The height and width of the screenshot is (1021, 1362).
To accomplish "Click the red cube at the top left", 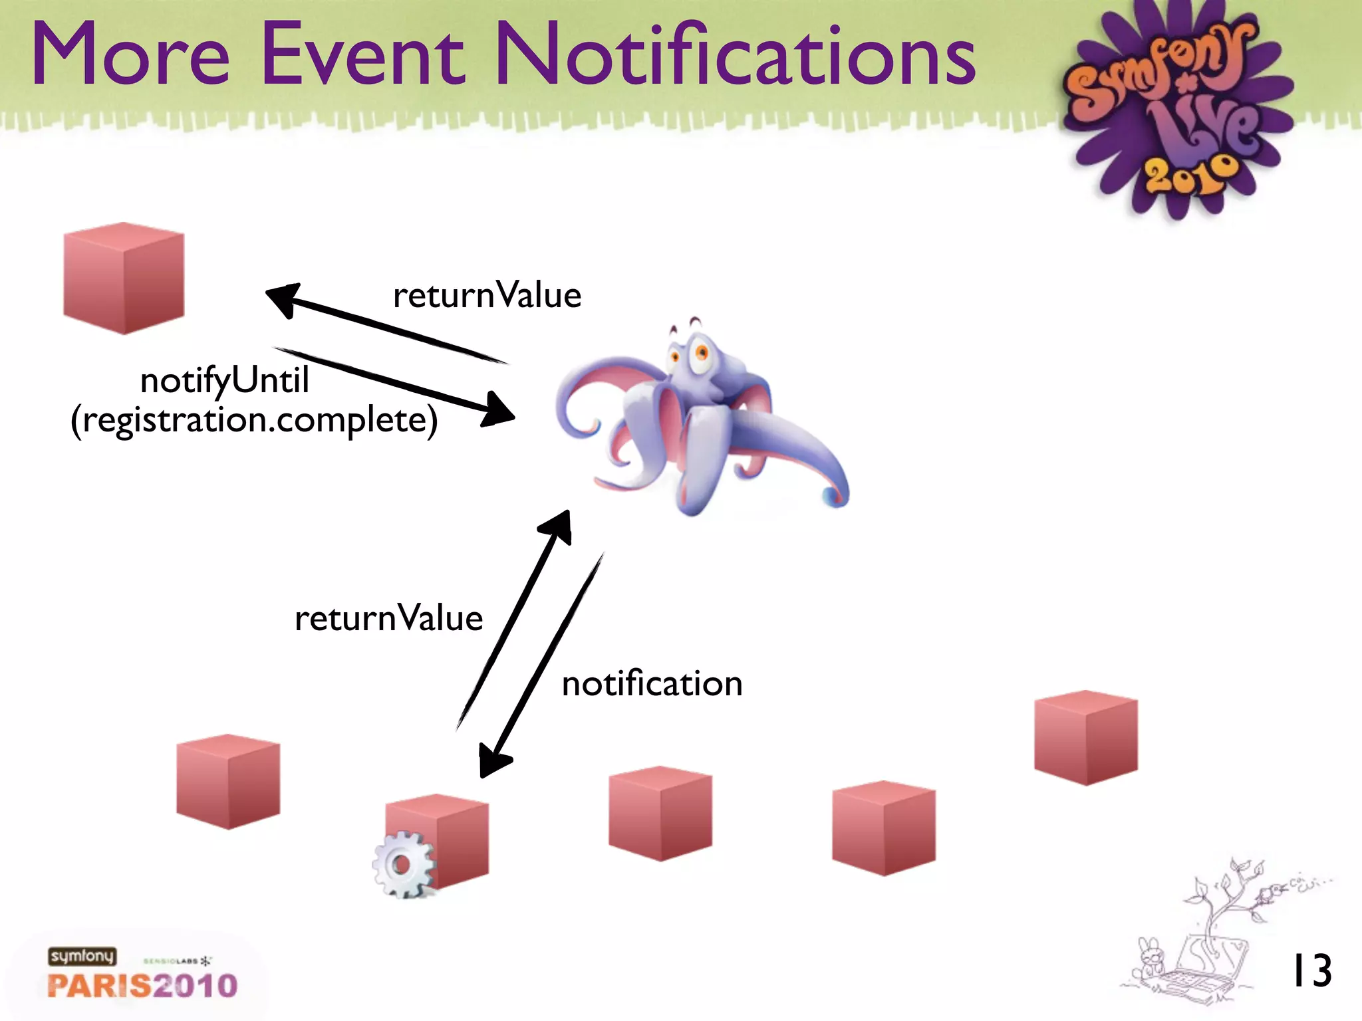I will pyautogui.click(x=124, y=279).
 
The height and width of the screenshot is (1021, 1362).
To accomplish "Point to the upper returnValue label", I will pyautogui.click(x=487, y=295).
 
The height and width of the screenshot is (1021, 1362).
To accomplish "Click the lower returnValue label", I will pyautogui.click(x=388, y=618).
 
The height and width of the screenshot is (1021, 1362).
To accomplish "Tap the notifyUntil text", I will pyautogui.click(x=225, y=381).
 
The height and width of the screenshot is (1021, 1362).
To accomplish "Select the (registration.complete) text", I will pyautogui.click(x=254, y=420).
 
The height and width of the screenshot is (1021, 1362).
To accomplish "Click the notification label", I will pyautogui.click(x=652, y=684).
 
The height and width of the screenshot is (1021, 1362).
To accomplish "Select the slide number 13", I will pyautogui.click(x=1311, y=971).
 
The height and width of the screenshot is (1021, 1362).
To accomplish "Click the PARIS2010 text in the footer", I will pyautogui.click(x=142, y=985).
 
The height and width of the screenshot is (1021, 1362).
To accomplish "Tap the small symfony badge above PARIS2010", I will pyautogui.click(x=82, y=956).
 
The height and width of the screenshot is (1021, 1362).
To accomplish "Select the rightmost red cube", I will pyautogui.click(x=1086, y=738).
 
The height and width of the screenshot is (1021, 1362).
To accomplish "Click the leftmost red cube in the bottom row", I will pyautogui.click(x=228, y=782).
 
